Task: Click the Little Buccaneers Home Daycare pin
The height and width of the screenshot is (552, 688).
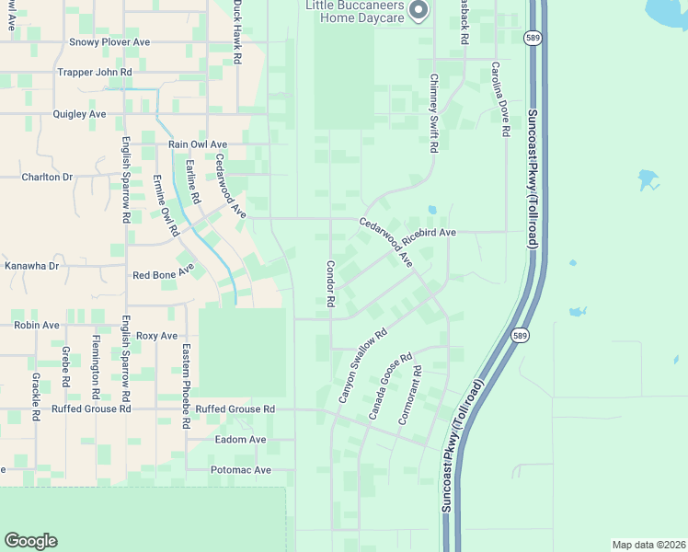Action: click(x=419, y=11)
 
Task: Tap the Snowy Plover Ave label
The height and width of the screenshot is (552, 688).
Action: click(x=109, y=42)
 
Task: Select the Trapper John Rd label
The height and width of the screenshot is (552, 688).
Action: click(x=95, y=72)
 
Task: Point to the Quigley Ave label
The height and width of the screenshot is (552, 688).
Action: click(x=80, y=114)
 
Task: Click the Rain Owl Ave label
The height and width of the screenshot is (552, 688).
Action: click(x=197, y=144)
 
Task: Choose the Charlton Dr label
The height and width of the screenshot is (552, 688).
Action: click(x=47, y=177)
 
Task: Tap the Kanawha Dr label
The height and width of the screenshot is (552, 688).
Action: click(x=31, y=266)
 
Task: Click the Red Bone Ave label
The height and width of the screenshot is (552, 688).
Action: click(x=163, y=275)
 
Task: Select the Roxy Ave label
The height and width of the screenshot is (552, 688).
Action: click(x=156, y=336)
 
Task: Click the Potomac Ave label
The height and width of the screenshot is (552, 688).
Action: click(x=237, y=470)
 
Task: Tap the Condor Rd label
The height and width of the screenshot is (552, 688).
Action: click(x=330, y=283)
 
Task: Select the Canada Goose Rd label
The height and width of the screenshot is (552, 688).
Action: click(x=390, y=387)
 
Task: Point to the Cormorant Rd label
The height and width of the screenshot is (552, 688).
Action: click(x=410, y=396)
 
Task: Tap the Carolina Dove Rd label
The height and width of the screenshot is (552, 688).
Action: click(x=499, y=99)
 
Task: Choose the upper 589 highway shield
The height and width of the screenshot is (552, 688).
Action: click(x=533, y=38)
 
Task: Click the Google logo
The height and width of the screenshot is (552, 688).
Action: click(x=31, y=541)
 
